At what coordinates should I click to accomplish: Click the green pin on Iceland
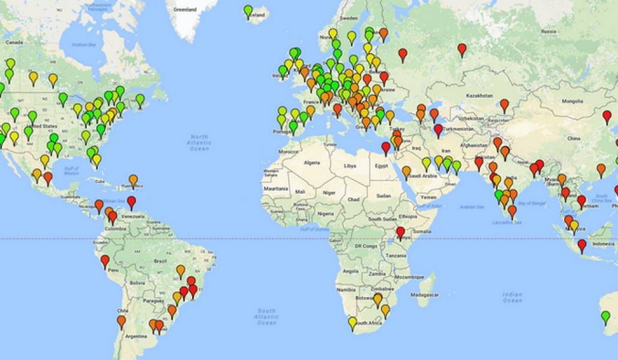tap(248, 11)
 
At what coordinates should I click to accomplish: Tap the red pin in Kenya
tap(400, 232)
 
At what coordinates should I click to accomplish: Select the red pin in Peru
tap(105, 260)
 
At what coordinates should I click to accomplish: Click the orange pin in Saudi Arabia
tap(406, 172)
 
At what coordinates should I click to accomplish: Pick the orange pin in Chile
tap(121, 321)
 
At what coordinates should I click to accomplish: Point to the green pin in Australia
tap(605, 316)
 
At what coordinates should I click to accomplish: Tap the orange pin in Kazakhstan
tap(504, 104)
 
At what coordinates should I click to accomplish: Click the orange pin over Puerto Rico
tap(133, 179)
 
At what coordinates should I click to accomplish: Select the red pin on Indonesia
tap(581, 245)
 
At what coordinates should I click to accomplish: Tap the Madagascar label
tap(424, 295)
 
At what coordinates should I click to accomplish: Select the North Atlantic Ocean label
tap(199, 143)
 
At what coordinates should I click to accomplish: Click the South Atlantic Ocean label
tap(266, 317)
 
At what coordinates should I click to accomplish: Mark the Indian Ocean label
tap(511, 296)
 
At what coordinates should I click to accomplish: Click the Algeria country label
tap(312, 163)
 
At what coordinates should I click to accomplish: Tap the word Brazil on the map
tap(160, 261)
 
